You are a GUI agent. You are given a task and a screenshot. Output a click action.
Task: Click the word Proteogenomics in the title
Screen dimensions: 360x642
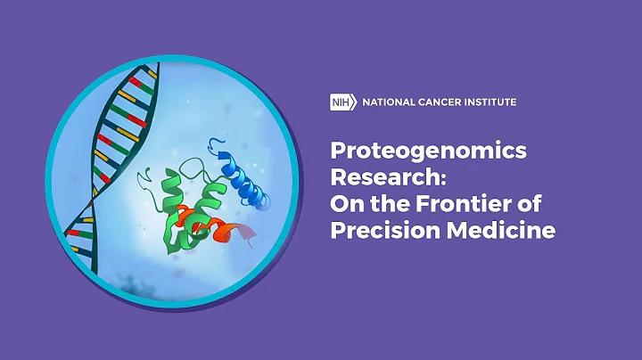tap(428, 152)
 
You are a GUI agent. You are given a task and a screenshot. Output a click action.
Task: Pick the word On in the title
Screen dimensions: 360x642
tap(345, 204)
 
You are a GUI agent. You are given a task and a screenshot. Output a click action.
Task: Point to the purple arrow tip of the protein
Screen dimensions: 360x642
tap(252, 234)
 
